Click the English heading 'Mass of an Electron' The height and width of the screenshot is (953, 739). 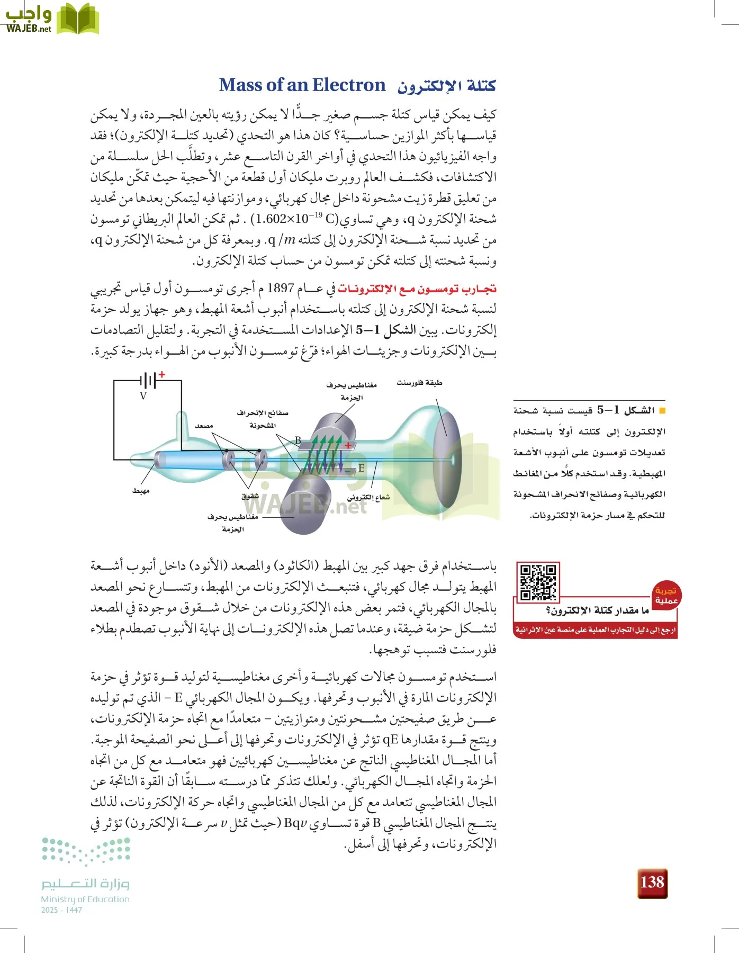(302, 85)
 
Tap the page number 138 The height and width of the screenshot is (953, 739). (652, 883)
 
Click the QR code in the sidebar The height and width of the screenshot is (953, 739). (537, 582)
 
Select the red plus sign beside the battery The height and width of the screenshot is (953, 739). (162, 374)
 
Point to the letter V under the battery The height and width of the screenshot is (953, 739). (143, 396)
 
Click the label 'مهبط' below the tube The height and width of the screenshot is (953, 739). (141, 491)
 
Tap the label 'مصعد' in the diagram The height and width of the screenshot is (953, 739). (204, 426)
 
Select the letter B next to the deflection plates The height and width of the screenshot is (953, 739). (298, 440)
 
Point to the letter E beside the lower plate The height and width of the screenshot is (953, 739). (361, 468)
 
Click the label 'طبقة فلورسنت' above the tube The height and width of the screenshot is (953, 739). (419, 383)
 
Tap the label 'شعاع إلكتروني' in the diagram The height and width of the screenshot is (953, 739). (368, 497)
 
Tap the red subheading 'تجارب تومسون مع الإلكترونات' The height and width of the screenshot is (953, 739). (417, 289)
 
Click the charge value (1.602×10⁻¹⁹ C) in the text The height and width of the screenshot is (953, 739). (294, 219)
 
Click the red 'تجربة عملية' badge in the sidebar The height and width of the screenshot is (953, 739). (666, 595)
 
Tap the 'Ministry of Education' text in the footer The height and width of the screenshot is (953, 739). (85, 899)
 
